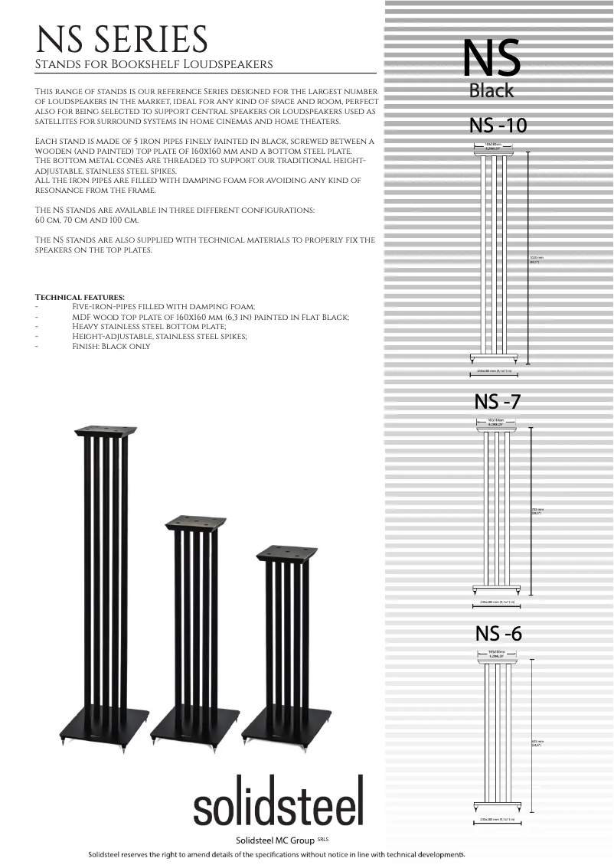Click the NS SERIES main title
point(122,39)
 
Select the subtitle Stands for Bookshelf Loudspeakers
point(154,64)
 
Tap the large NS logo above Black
point(492,58)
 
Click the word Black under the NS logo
point(492,91)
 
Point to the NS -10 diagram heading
point(498,124)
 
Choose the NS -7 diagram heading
point(498,401)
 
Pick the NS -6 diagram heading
point(498,634)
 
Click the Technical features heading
point(80,297)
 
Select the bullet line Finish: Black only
point(111,346)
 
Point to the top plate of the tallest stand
point(106,431)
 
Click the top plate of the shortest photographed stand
point(286,552)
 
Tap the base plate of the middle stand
point(196,722)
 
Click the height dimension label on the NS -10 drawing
point(536,259)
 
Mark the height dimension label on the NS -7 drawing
point(537,511)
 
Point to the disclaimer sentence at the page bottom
point(276,854)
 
